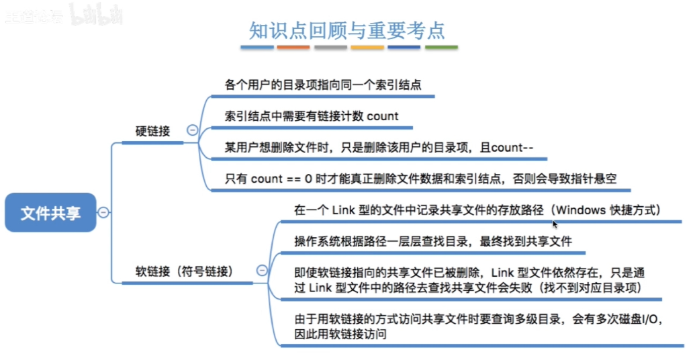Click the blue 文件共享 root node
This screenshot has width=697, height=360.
[x=50, y=213]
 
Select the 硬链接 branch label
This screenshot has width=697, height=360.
[x=152, y=132]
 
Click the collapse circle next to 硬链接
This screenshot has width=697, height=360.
[x=193, y=130]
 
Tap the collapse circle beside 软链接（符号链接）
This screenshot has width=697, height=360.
[x=262, y=271]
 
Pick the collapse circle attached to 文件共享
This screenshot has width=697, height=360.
[x=103, y=213]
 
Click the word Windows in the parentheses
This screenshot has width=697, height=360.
[x=582, y=210]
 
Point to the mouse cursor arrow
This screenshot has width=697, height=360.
[x=555, y=224]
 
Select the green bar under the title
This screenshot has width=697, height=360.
[x=441, y=48]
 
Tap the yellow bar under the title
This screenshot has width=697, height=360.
[x=367, y=48]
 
